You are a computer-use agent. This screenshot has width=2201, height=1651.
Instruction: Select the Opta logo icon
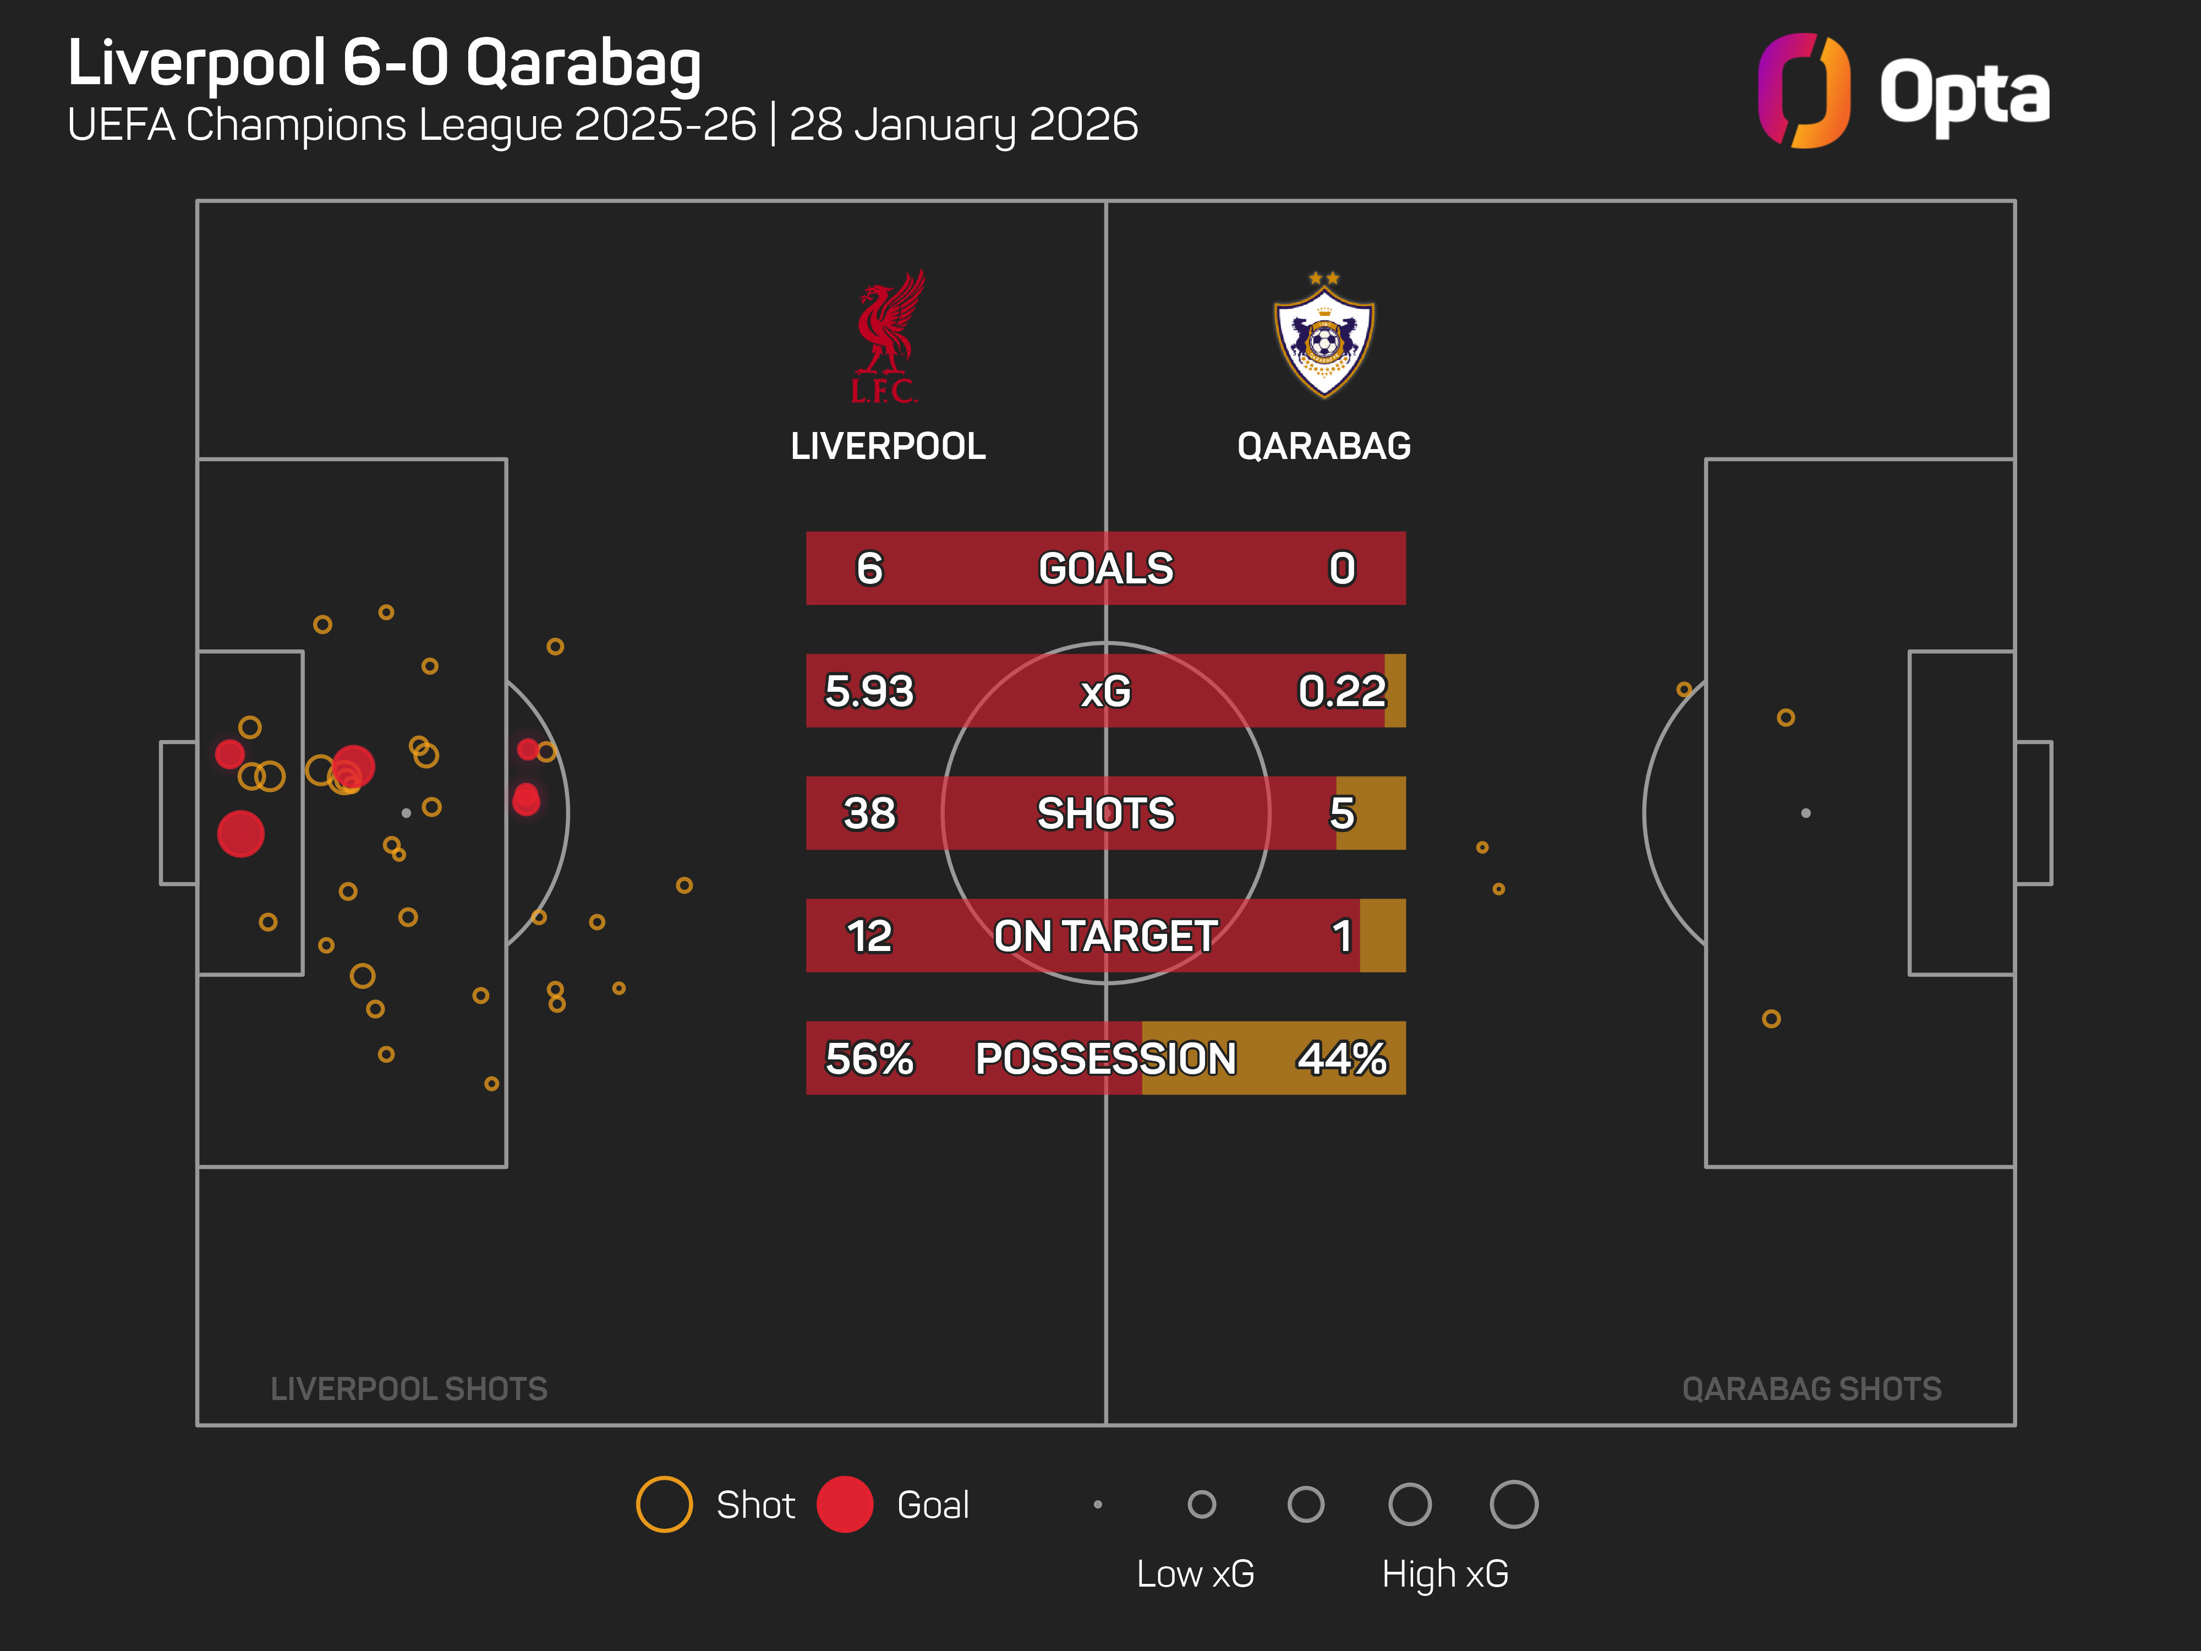click(1803, 91)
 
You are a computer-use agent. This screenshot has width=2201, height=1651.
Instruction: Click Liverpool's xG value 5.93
click(869, 691)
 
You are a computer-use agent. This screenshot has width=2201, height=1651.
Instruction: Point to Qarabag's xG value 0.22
click(1342, 691)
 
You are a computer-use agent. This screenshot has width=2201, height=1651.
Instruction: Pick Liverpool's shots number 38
click(869, 813)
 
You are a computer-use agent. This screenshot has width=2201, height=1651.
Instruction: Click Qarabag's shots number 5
click(1342, 813)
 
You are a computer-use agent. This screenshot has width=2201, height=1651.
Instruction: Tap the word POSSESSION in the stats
click(1105, 1058)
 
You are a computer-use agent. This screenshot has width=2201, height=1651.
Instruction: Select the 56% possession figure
click(869, 1058)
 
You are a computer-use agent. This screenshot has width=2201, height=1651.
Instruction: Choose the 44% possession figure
click(1342, 1058)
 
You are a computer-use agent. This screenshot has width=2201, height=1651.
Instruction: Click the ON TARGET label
click(1105, 936)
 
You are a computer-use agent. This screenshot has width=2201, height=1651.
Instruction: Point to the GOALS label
click(1105, 568)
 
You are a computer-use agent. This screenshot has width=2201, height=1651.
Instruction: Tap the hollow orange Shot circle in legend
click(664, 1504)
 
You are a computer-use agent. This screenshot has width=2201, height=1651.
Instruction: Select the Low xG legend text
click(1195, 1573)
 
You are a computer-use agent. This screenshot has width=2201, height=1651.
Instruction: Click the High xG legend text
click(1445, 1573)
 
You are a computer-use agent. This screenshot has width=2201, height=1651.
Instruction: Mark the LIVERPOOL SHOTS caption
click(409, 1388)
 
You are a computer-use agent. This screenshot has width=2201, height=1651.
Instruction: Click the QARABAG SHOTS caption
click(1811, 1388)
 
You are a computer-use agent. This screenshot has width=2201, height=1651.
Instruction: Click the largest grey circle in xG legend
click(1513, 1504)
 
